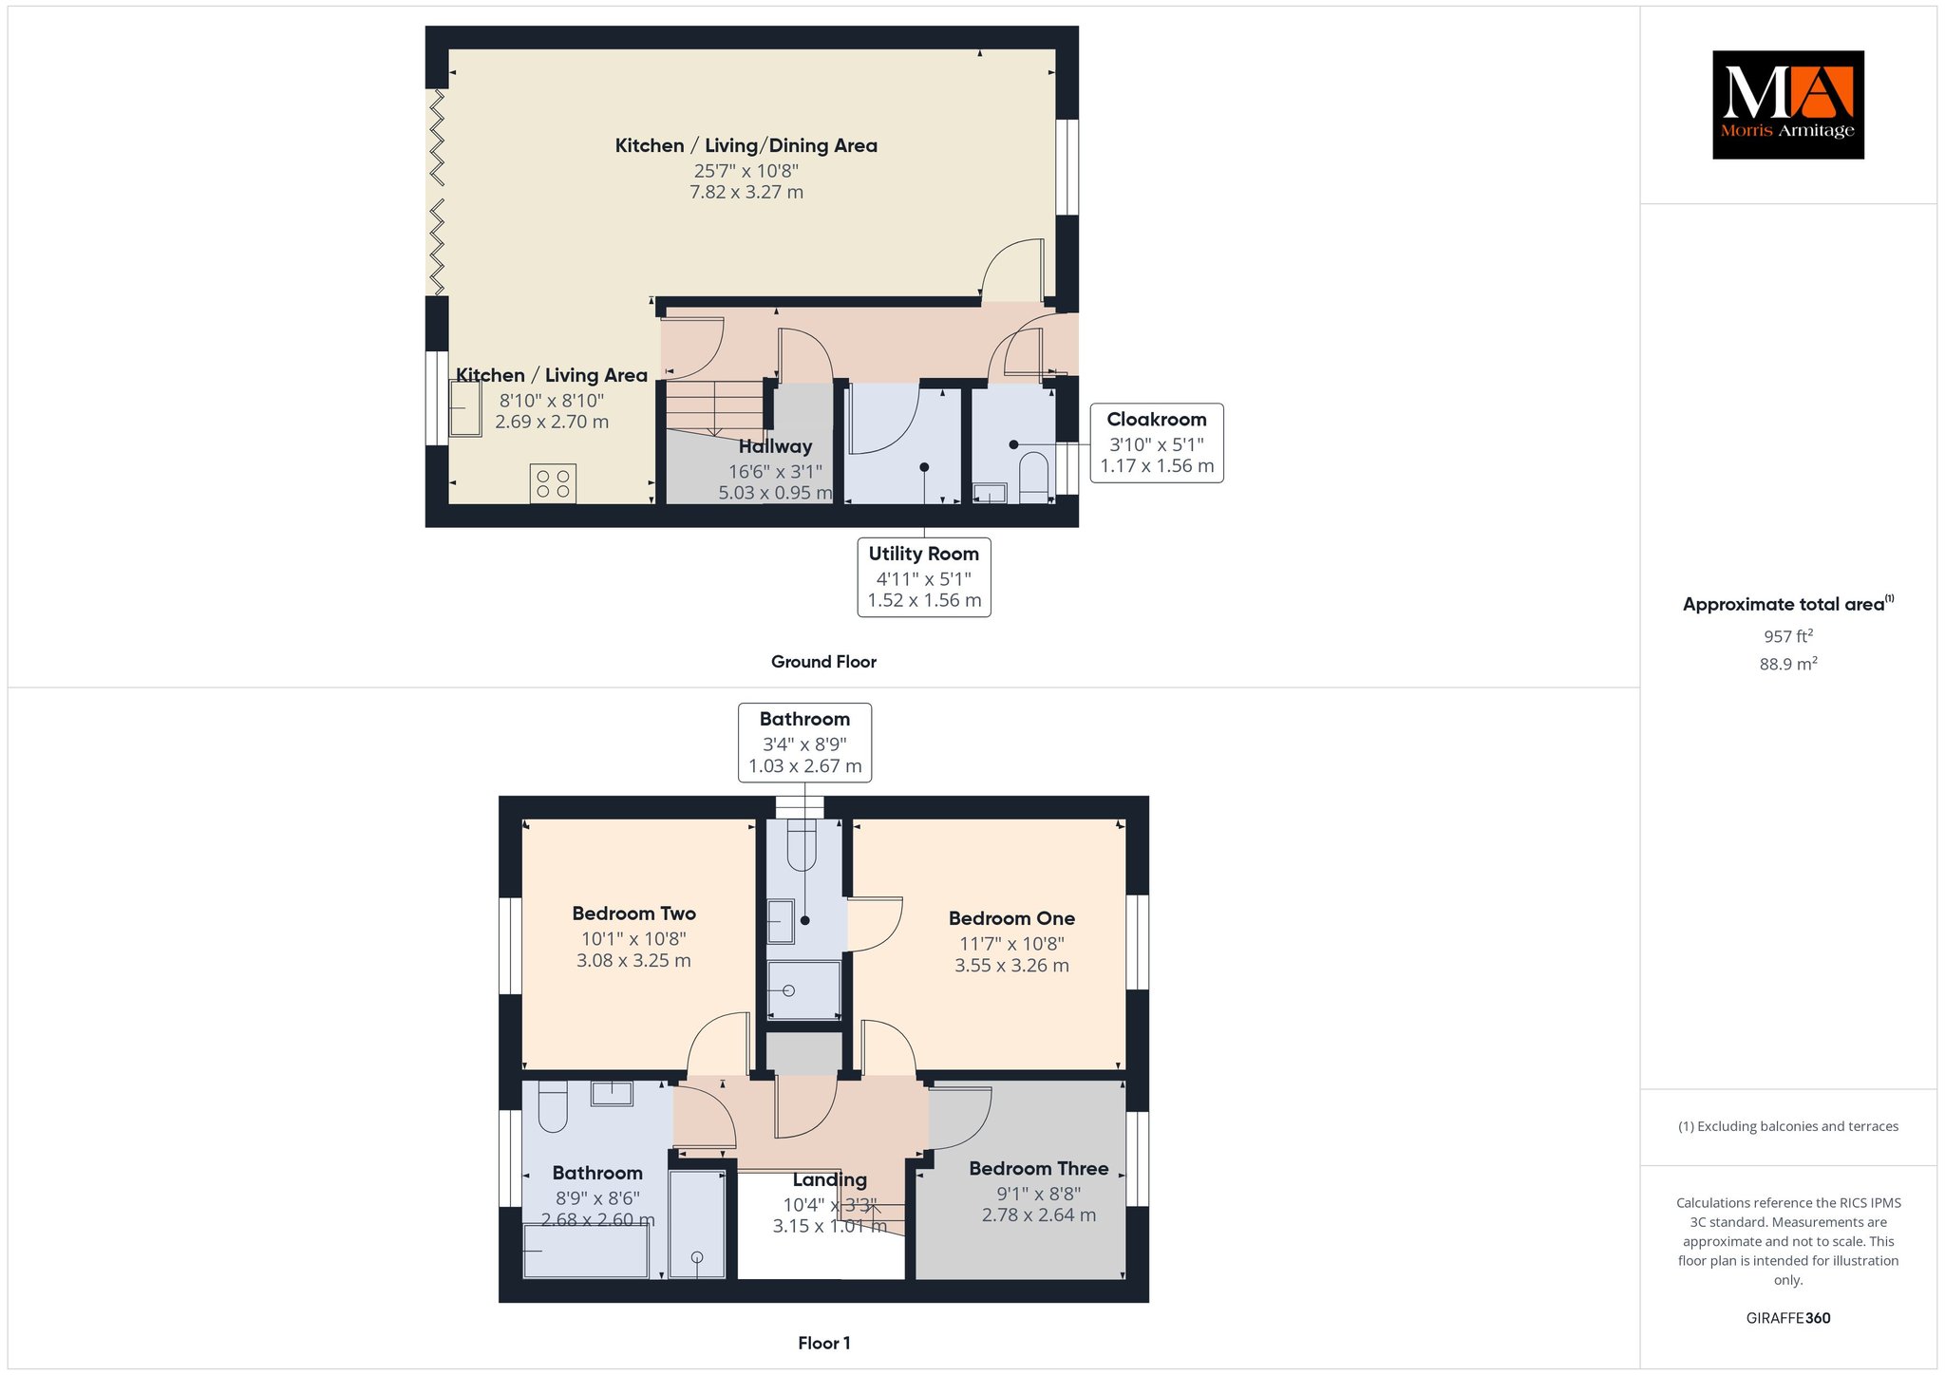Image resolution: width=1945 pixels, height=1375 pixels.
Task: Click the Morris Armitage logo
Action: (x=1787, y=104)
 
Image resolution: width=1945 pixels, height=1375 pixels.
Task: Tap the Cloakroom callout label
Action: (x=1157, y=443)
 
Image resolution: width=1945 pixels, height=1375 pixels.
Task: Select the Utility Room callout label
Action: (x=924, y=577)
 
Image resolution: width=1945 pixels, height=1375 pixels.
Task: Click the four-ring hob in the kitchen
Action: (x=553, y=483)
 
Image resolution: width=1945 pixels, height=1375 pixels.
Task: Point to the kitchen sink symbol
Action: (x=465, y=408)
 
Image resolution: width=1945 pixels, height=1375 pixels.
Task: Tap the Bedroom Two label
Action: (x=634, y=914)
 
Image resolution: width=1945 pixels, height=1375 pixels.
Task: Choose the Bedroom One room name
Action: (x=1011, y=918)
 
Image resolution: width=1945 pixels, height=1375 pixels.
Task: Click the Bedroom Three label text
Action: (x=1039, y=1169)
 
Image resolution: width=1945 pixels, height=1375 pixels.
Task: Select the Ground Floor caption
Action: (x=823, y=662)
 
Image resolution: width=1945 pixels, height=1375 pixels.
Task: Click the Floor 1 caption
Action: (x=824, y=1343)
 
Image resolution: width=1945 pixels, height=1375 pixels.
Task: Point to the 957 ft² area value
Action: (x=1788, y=636)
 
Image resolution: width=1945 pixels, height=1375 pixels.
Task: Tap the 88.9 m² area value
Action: (x=1788, y=664)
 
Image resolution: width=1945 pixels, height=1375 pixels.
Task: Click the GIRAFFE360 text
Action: (x=1788, y=1318)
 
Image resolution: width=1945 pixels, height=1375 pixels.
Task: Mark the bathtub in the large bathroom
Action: (x=586, y=1251)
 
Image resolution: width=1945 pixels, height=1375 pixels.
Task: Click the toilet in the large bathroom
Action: (x=553, y=1106)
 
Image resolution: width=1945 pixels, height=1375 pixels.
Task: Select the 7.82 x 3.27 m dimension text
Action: (x=746, y=192)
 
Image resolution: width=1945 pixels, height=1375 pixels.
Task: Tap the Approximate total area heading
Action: (x=1788, y=604)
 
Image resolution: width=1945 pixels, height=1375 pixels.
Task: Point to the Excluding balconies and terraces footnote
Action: (x=1788, y=1126)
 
